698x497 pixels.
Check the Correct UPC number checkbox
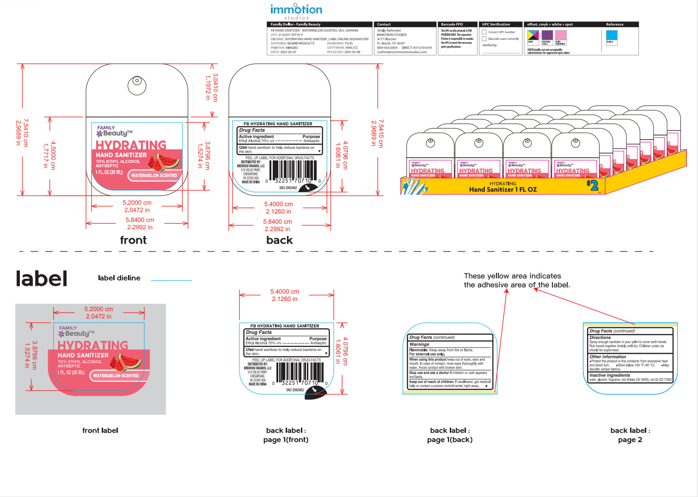coord(484,32)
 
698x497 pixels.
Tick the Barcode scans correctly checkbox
coord(484,39)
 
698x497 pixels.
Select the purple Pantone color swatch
coord(547,36)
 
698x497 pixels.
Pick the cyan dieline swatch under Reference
coord(612,36)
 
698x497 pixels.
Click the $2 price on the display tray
coord(593,186)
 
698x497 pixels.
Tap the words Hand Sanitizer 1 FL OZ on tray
coord(503,190)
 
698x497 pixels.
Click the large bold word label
coord(42,279)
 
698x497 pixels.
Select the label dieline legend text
coord(119,278)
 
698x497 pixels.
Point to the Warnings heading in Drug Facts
coord(419,344)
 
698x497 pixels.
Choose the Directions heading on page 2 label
coord(600,337)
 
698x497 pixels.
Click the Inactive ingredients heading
coord(610,375)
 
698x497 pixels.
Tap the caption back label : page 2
coord(630,435)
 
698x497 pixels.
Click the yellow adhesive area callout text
coord(516,280)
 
